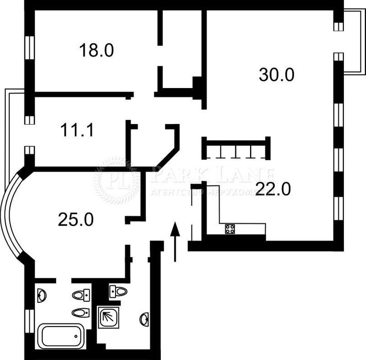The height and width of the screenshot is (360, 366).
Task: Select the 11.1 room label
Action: pyautogui.click(x=77, y=131)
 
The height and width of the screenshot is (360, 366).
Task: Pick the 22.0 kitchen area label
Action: pyautogui.click(x=273, y=190)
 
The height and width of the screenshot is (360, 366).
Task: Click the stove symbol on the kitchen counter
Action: pyautogui.click(x=230, y=229)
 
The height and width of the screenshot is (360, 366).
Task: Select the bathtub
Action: pyautogui.click(x=62, y=336)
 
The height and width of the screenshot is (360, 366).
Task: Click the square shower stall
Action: pyautogui.click(x=108, y=317)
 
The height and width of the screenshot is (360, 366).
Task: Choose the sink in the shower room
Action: pyautogui.click(x=144, y=319)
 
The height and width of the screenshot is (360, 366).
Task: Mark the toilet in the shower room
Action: pyautogui.click(x=119, y=292)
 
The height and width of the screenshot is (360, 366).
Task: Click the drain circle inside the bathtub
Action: pyautogui.click(x=77, y=336)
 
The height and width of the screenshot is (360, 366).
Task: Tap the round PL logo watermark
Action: pyautogui.click(x=117, y=181)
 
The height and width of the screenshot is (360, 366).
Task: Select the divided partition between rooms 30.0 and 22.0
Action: pyautogui.click(x=236, y=148)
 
